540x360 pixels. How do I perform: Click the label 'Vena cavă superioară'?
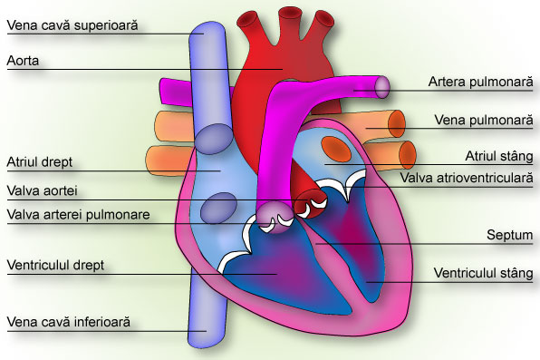tap(72, 25)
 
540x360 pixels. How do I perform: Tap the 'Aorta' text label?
tap(23, 61)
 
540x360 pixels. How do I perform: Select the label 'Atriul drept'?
tap(40, 161)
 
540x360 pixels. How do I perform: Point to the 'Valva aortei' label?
tap(42, 190)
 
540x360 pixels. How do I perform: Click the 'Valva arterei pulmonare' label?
tap(79, 215)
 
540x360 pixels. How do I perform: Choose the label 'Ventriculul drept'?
tap(55, 265)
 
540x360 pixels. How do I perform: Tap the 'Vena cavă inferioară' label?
tap(69, 322)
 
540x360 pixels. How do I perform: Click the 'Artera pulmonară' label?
tap(481, 82)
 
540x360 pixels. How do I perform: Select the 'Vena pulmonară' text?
tap(484, 120)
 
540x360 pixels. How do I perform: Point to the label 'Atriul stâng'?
tap(499, 156)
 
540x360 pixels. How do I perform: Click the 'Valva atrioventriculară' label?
tap(467, 178)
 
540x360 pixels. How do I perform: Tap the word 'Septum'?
tap(510, 235)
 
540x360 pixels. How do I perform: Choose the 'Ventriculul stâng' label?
tap(484, 273)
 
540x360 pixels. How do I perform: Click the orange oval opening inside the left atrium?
tap(336, 149)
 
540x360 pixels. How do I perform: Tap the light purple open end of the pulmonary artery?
tap(382, 87)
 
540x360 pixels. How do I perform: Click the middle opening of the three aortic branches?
tap(288, 15)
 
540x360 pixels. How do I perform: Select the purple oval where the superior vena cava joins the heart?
tap(214, 139)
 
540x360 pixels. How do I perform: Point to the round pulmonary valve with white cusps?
tap(275, 218)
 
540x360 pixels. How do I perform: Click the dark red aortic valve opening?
tap(310, 204)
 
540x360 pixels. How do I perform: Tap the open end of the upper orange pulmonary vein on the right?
tap(396, 124)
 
